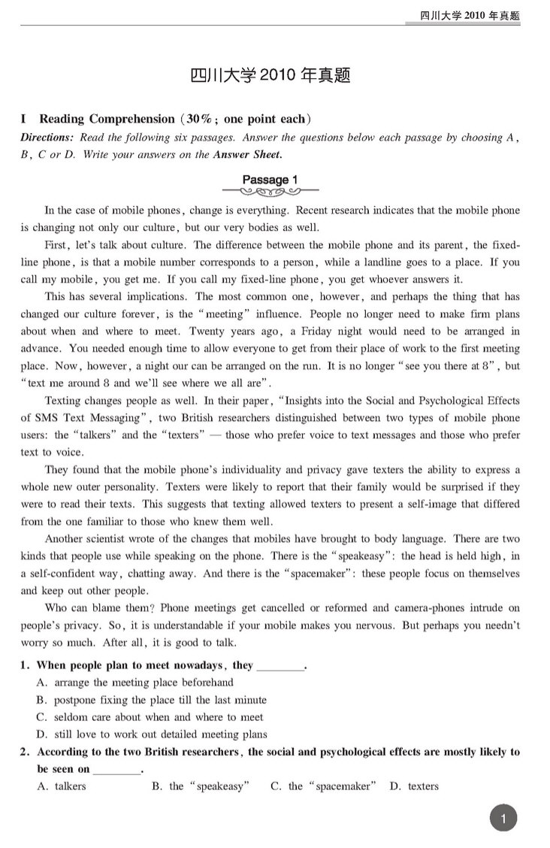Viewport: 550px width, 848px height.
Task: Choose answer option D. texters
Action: (414, 786)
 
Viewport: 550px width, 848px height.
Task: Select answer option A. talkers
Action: (61, 786)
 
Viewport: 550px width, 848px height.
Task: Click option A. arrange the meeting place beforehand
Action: (134, 683)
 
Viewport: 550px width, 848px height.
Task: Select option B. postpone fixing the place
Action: (151, 700)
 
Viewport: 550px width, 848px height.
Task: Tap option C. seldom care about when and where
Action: (150, 717)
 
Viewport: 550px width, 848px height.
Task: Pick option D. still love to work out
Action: (151, 734)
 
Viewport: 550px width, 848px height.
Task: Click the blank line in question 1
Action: (281, 667)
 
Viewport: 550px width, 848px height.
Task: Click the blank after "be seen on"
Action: (118, 771)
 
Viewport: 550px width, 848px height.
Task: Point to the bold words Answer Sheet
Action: (247, 155)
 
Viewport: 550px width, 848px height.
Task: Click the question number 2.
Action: (25, 752)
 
